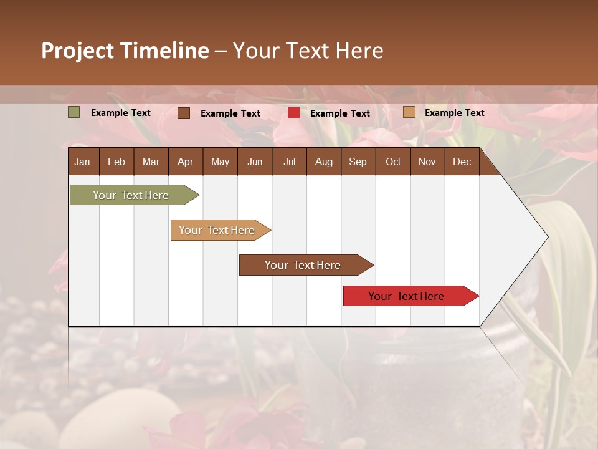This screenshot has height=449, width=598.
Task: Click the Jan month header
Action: (x=83, y=162)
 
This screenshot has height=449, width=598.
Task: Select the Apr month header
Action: (x=186, y=162)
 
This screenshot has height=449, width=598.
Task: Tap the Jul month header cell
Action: (x=290, y=162)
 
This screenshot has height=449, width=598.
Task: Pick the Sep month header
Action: (x=358, y=162)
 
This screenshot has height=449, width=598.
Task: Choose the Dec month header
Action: (x=462, y=162)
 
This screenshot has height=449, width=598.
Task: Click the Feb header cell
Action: (x=116, y=162)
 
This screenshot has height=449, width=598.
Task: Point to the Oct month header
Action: (x=393, y=162)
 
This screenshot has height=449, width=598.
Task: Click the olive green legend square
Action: (x=74, y=112)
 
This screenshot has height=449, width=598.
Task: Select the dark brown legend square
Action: (x=184, y=113)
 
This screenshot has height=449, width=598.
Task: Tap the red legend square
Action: (x=294, y=113)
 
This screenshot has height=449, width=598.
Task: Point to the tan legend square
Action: (x=409, y=112)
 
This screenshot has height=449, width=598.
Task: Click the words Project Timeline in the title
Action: (x=125, y=51)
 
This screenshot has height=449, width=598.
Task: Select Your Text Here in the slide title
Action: (x=308, y=51)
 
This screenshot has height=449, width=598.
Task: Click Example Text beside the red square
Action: (x=340, y=113)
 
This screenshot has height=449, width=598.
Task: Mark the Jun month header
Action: (x=255, y=162)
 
